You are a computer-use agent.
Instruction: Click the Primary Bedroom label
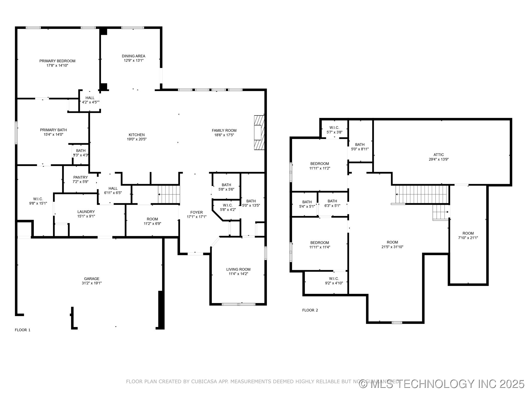[x=57, y=61]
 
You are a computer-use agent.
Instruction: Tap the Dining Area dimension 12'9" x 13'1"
[x=133, y=61]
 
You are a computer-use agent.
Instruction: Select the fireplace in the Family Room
[x=259, y=133]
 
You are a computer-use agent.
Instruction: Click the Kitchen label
[x=136, y=135]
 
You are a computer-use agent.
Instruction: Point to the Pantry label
[x=80, y=177]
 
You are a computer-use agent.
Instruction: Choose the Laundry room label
[x=86, y=211]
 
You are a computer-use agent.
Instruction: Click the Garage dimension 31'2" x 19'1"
[x=91, y=283]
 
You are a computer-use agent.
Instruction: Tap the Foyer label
[x=197, y=212]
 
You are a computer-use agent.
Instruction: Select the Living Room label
[x=238, y=269]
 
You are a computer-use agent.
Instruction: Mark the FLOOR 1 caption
[x=23, y=330]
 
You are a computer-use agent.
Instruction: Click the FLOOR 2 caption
[x=310, y=310]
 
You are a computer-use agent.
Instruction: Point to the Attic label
[x=439, y=155]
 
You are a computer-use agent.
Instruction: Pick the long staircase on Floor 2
[x=422, y=194]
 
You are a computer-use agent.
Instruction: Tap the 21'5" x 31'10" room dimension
[x=392, y=247]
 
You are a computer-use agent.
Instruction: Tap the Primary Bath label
[x=53, y=130]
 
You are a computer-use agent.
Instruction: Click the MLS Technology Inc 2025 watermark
[x=442, y=384]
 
